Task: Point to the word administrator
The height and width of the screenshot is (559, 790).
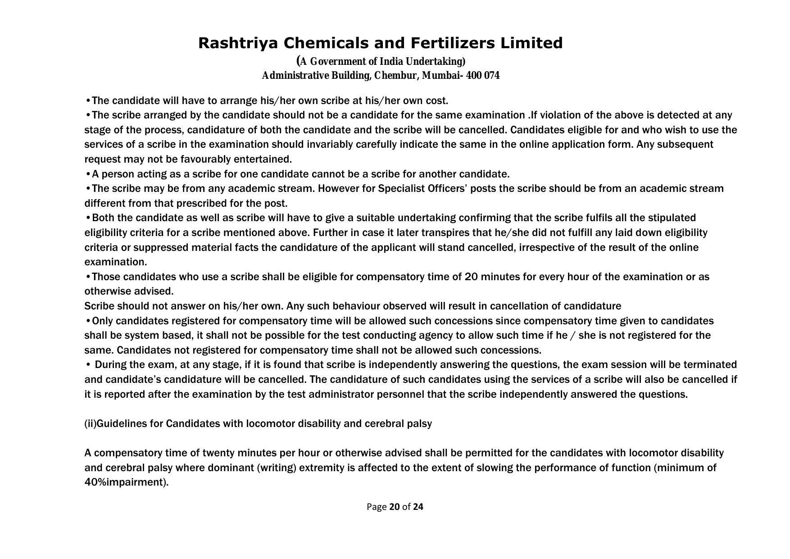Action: coord(341,395)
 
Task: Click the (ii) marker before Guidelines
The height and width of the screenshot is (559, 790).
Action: coord(90,424)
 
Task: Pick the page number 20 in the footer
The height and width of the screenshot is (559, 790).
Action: coord(395,507)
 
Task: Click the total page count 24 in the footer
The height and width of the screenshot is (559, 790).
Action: coord(418,507)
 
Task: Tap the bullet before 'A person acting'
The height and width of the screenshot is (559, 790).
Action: coord(88,174)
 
